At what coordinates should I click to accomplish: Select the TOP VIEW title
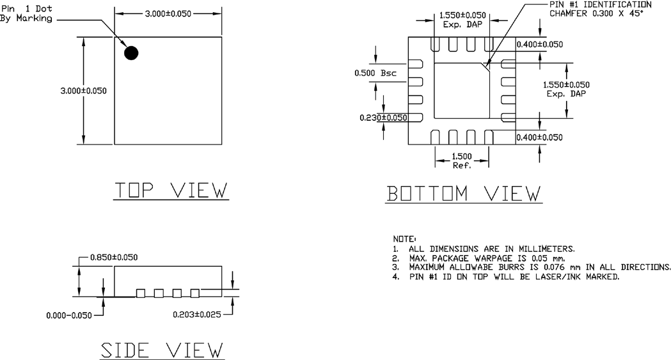point(171,190)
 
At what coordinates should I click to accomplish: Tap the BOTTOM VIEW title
point(464,192)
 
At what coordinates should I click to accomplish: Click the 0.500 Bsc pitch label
point(375,73)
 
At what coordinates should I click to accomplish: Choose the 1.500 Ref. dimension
point(462,160)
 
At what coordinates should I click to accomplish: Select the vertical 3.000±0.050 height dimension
point(80,90)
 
